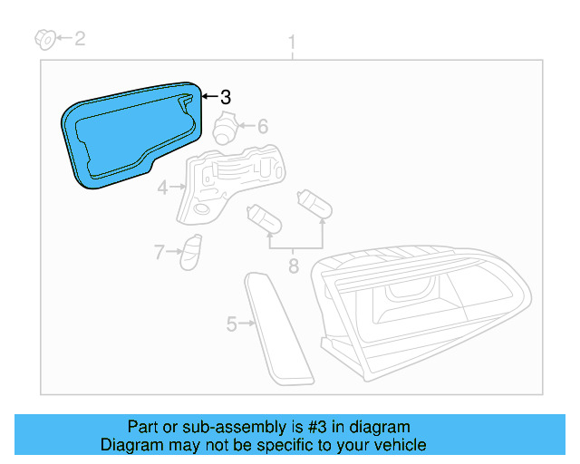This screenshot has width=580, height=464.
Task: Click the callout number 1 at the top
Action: click(x=292, y=42)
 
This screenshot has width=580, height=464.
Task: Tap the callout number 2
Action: click(x=80, y=38)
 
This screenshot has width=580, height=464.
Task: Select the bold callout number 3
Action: click(x=226, y=97)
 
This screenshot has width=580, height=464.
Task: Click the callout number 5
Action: click(x=231, y=323)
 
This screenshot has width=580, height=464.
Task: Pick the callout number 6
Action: click(x=263, y=127)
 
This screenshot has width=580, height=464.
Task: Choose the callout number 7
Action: click(x=159, y=253)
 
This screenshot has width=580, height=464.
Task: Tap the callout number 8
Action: click(x=293, y=266)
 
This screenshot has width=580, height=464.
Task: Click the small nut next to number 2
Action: click(x=43, y=38)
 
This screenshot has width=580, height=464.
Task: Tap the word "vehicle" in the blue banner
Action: click(x=398, y=445)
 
